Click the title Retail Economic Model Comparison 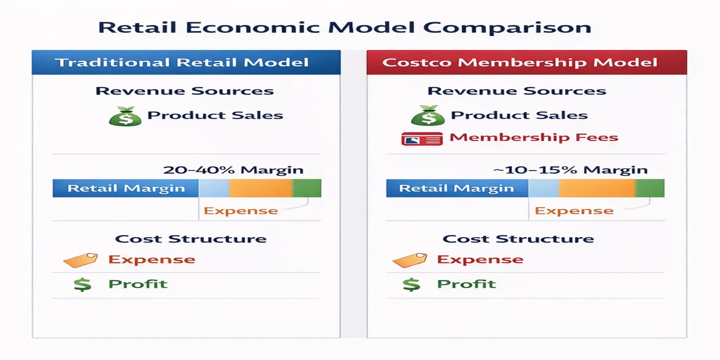[x=344, y=27]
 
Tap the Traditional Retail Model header [x=182, y=62]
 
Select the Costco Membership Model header [x=520, y=62]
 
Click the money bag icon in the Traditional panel [x=125, y=116]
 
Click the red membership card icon [x=422, y=139]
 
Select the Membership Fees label [x=534, y=137]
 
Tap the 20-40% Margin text [x=233, y=170]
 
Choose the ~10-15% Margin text [x=570, y=170]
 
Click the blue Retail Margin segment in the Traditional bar [x=126, y=188]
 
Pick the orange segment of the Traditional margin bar [x=260, y=188]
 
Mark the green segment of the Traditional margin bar [x=307, y=188]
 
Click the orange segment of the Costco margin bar [x=597, y=188]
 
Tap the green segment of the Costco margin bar [x=650, y=188]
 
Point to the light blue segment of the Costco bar [x=544, y=188]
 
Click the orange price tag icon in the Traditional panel [x=81, y=260]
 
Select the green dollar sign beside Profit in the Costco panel [x=411, y=284]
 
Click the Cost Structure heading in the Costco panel [x=518, y=239]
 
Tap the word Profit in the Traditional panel [x=138, y=284]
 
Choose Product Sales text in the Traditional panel [x=215, y=115]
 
